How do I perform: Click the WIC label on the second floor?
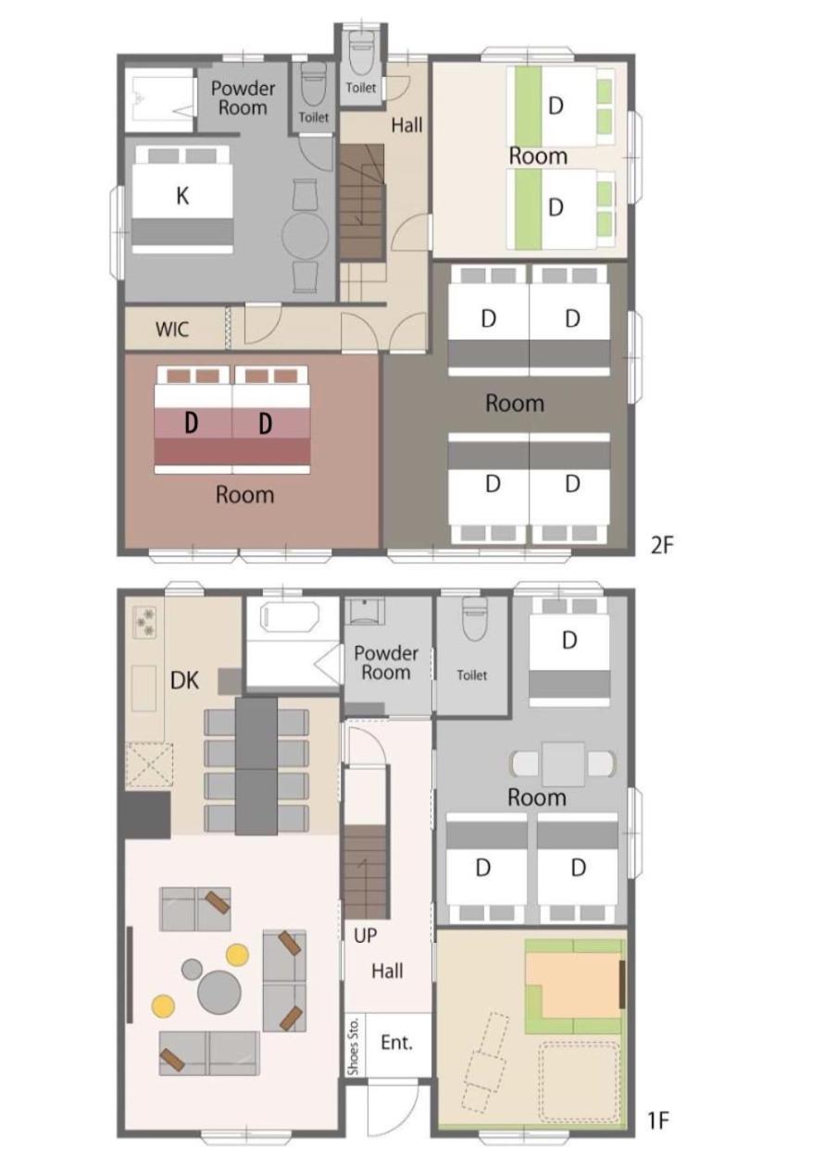tap(172, 329)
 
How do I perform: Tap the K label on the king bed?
tap(182, 196)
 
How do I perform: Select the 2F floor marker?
tap(661, 545)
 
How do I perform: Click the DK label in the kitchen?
tap(184, 680)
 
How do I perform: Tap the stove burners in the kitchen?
tap(145, 622)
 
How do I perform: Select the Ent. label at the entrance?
tap(396, 1042)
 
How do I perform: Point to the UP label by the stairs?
tap(365, 935)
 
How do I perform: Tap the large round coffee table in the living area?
tap(219, 992)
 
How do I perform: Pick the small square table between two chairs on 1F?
tap(564, 764)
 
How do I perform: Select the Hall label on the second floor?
tap(406, 125)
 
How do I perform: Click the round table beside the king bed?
tap(306, 235)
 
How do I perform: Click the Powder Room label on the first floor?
tap(386, 662)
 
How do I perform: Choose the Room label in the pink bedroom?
tap(244, 494)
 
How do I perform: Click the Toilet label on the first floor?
tap(471, 675)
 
